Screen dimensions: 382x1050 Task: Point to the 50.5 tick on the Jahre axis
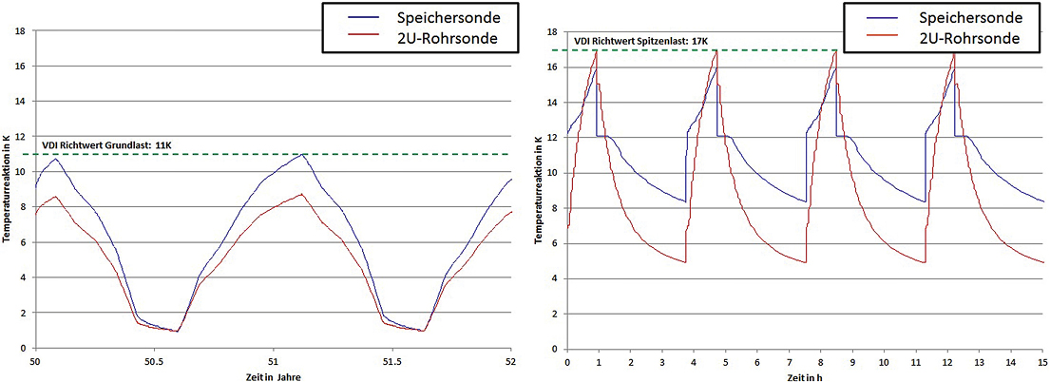(154, 362)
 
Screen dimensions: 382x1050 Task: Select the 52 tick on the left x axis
(511, 362)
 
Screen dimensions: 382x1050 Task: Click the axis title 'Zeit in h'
(805, 376)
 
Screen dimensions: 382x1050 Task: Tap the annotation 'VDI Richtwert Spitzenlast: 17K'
(640, 41)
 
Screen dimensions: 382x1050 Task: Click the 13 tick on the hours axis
(979, 362)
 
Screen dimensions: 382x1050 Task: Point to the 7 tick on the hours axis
(790, 362)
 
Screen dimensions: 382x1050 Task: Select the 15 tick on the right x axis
(1042, 362)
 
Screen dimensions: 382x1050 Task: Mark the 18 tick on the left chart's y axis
(21, 31)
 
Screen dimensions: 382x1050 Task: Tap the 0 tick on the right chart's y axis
(555, 348)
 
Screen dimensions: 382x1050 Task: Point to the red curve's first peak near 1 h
(597, 51)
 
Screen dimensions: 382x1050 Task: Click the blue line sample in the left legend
(349, 18)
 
